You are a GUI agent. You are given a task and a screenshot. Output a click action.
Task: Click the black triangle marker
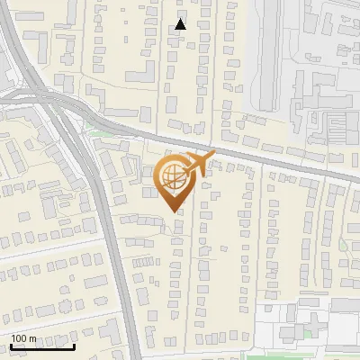pos(182,25)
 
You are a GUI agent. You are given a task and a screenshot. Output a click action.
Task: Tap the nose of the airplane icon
pos(214,155)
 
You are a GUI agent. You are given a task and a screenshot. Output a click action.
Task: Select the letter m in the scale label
pos(32,338)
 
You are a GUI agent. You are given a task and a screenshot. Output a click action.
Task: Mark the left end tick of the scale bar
pos(11,345)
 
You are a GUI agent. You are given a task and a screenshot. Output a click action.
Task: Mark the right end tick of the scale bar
pos(74,345)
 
